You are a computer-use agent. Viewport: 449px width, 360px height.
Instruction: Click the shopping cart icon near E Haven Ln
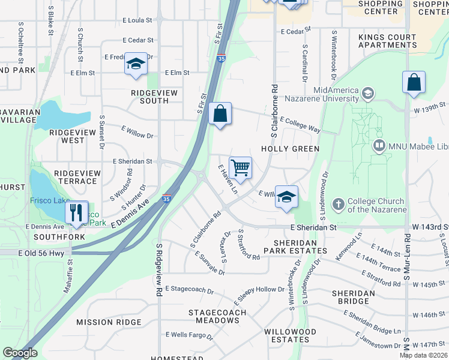(x=240, y=168)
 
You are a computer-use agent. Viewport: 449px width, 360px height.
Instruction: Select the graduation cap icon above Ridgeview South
(x=136, y=64)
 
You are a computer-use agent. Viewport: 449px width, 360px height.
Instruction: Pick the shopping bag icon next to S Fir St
(x=220, y=113)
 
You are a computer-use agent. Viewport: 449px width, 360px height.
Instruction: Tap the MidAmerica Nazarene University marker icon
(x=367, y=94)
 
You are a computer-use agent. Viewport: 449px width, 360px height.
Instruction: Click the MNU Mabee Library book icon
(x=379, y=145)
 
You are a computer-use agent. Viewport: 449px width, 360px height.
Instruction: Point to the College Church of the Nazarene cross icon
(x=338, y=205)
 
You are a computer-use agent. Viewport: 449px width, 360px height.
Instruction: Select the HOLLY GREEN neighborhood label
(x=290, y=148)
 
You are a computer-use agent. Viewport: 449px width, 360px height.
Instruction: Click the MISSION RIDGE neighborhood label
(x=109, y=322)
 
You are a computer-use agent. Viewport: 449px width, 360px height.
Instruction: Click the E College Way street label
(x=300, y=124)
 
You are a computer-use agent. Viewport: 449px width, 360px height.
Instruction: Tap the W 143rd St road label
(x=430, y=227)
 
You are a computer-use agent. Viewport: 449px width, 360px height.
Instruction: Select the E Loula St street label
(x=137, y=20)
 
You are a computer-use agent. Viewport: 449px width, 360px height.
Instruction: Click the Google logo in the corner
(x=20, y=353)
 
